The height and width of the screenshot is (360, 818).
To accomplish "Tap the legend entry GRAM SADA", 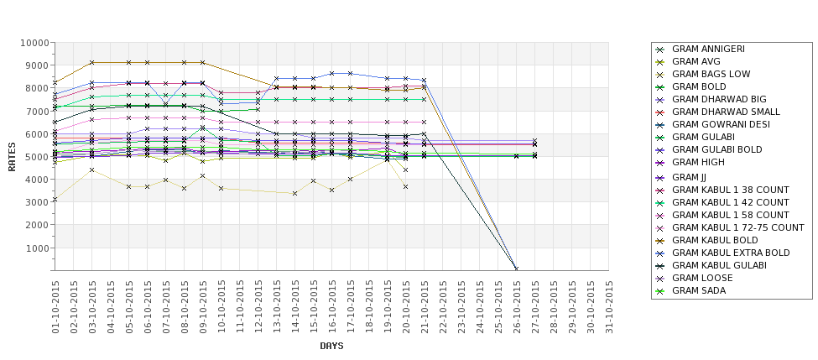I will pyautogui.click(x=700, y=290).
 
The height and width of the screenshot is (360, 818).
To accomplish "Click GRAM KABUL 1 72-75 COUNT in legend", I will pyautogui.click(x=738, y=227).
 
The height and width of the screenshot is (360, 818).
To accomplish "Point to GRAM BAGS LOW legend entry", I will pyautogui.click(x=711, y=74).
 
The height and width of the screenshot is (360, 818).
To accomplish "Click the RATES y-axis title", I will pyautogui.click(x=12, y=157).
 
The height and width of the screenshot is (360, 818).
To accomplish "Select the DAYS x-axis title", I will pyautogui.click(x=332, y=346).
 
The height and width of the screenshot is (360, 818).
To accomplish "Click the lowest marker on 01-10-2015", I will pyautogui.click(x=55, y=200).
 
